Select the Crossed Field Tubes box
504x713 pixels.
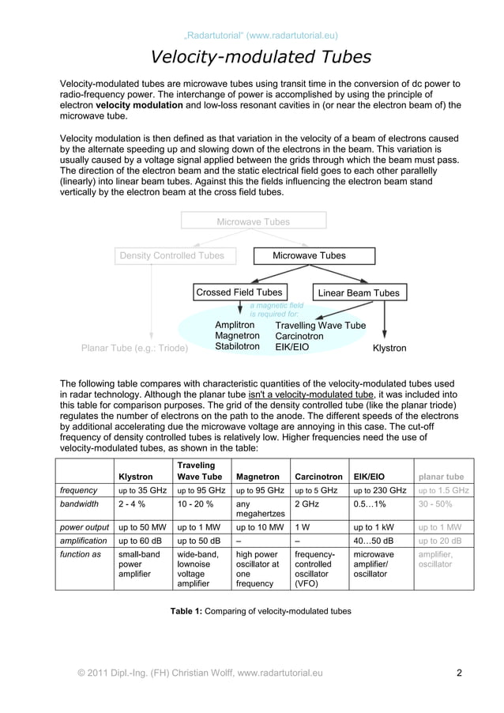tap(239, 292)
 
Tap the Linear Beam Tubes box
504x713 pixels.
tap(358, 293)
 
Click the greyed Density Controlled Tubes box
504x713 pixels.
tap(171, 255)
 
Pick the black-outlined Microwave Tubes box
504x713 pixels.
tap(309, 255)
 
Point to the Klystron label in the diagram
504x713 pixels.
tap(389, 348)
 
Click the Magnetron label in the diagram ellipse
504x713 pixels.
tap(237, 336)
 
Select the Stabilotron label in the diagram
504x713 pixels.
tap(237, 346)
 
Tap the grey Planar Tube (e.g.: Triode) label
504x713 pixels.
tap(135, 348)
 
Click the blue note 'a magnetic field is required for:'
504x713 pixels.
tap(276, 310)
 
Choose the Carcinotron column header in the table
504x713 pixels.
tap(318, 477)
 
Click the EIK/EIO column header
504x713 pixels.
tap(369, 477)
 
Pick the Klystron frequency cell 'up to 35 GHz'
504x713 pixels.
tap(142, 490)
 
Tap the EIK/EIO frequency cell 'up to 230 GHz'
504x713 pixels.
tap(380, 490)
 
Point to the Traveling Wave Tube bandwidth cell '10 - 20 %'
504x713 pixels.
tap(196, 504)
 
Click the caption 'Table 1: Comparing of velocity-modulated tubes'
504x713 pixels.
tap(261, 611)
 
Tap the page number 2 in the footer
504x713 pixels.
tap(459, 673)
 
